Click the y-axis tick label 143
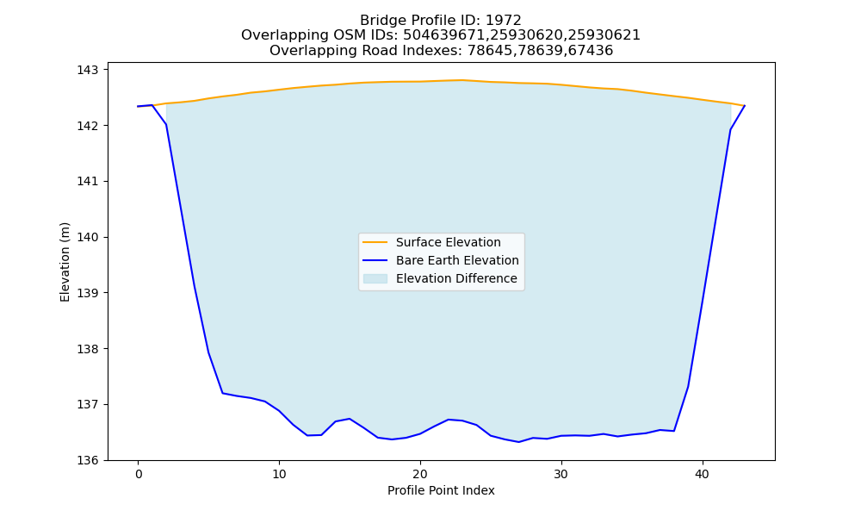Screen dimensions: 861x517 pyautogui.click(x=87, y=71)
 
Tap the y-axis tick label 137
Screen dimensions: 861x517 pyautogui.click(x=87, y=404)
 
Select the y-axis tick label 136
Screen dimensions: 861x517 pyautogui.click(x=87, y=460)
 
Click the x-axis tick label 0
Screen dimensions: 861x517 pyautogui.click(x=139, y=474)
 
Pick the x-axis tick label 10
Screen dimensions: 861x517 pyautogui.click(x=279, y=474)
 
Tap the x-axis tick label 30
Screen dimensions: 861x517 pyautogui.click(x=561, y=474)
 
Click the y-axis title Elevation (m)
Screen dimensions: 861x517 pyautogui.click(x=65, y=262)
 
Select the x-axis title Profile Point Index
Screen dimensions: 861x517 pyautogui.click(x=441, y=490)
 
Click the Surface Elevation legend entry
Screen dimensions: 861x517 pyautogui.click(x=431, y=242)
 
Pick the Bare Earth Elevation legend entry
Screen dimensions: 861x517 pyautogui.click(x=440, y=260)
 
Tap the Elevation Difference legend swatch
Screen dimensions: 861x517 pyautogui.click(x=375, y=278)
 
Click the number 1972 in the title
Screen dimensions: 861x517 pyautogui.click(x=504, y=21)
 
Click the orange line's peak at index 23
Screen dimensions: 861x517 pyautogui.click(x=462, y=80)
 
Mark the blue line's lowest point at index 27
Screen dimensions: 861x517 pyautogui.click(x=519, y=442)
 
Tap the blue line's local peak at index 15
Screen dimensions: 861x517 pyautogui.click(x=350, y=419)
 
